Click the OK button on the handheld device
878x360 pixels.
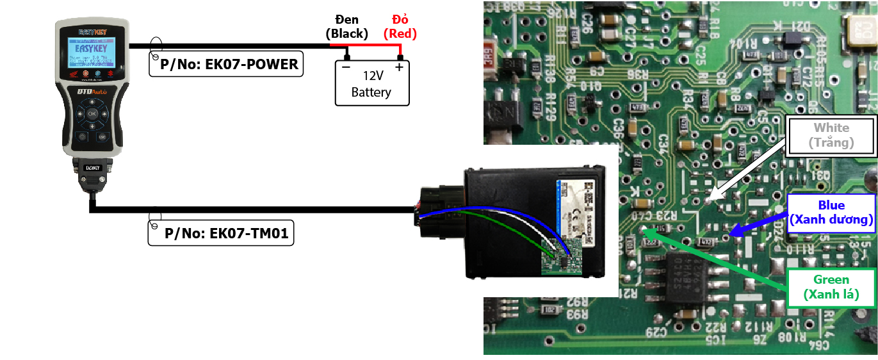[92, 113]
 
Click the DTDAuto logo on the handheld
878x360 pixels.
[92, 92]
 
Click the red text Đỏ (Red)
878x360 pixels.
[400, 26]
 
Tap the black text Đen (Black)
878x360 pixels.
[346, 26]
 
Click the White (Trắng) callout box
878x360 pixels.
[831, 135]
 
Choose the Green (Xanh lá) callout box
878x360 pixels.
[831, 288]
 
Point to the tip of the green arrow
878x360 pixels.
[642, 231]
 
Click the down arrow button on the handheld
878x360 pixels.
[92, 126]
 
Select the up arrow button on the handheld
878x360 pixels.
[92, 101]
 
